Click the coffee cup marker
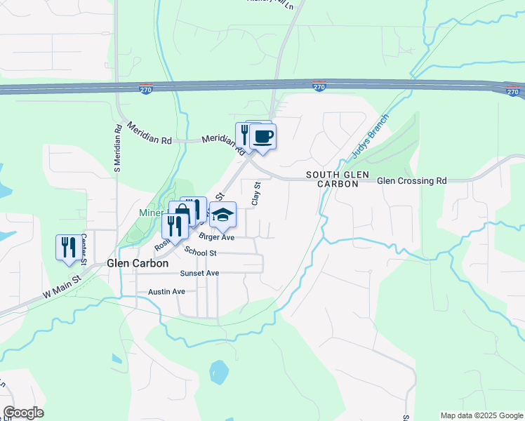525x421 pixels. tap(263, 136)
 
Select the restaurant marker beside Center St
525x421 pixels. tap(68, 247)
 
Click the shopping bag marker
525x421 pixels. tap(181, 213)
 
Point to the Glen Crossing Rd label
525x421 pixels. tap(411, 181)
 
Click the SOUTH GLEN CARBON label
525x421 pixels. tap(332, 178)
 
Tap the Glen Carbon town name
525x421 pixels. tap(137, 263)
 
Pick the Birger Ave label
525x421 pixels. tap(216, 237)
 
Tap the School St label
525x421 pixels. tap(201, 252)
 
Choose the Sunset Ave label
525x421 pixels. tap(199, 273)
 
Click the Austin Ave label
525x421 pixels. tap(166, 291)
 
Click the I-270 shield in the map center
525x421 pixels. tap(319, 86)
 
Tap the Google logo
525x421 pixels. tap(23, 413)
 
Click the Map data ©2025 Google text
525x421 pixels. tap(481, 415)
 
